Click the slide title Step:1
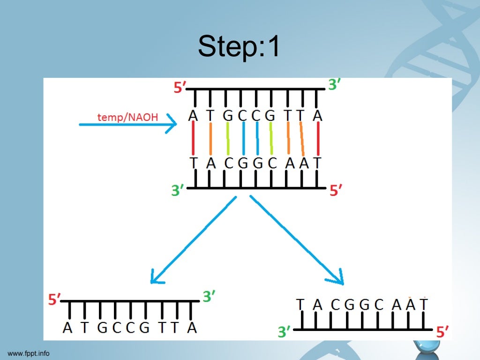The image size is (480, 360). [x=239, y=47]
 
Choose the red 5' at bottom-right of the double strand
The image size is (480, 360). [x=335, y=191]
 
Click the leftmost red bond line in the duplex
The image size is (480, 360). [x=193, y=139]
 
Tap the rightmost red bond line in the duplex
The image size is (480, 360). [x=318, y=139]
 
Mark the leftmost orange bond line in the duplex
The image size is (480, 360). [x=211, y=139]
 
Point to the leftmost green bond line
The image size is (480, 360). [x=228, y=139]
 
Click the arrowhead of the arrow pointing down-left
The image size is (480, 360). [x=154, y=279]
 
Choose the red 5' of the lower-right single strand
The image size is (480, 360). [x=442, y=332]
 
